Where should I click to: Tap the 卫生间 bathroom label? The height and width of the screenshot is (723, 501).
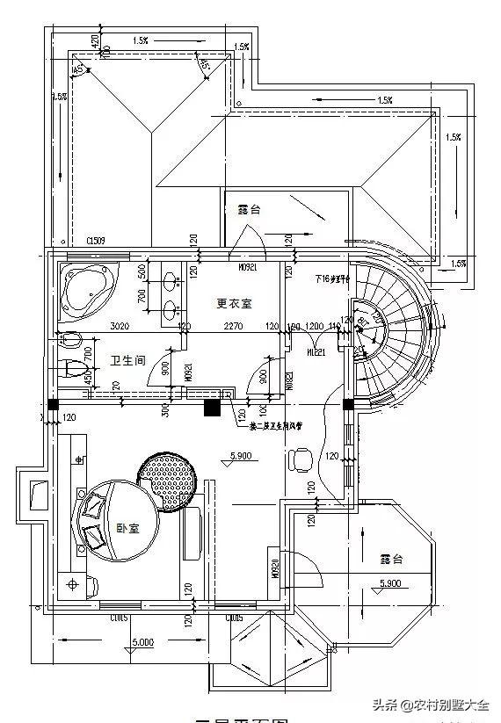point(127,360)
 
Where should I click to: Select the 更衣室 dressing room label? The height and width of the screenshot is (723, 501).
point(234,304)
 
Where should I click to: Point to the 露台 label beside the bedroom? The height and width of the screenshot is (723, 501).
point(391,559)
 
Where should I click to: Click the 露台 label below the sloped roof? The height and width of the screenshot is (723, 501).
point(249,210)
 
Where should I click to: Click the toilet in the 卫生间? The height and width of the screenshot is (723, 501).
point(76,365)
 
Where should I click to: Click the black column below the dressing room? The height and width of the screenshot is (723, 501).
point(211,407)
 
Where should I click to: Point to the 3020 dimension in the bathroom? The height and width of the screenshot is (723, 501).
point(120,327)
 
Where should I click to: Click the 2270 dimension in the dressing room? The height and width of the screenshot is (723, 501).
point(233,327)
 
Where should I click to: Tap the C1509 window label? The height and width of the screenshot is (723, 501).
point(96,241)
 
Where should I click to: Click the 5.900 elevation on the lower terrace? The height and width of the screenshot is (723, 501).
point(391,583)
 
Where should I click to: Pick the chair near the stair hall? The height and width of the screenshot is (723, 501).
point(301,458)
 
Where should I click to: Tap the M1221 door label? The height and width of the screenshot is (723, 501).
point(315,351)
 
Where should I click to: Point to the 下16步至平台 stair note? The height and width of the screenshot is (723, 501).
point(332,278)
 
